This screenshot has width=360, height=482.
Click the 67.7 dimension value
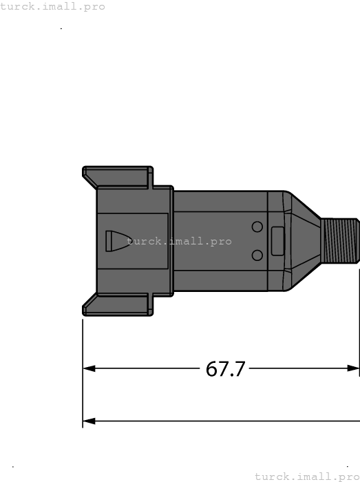[225, 369]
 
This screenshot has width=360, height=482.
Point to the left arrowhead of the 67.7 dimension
[89, 368]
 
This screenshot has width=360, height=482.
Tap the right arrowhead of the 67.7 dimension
[353, 368]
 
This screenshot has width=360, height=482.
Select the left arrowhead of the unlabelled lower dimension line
[89, 420]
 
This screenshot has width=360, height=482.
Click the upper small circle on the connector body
[257, 227]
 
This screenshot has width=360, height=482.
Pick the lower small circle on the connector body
[257, 255]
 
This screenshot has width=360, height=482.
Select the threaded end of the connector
[341, 241]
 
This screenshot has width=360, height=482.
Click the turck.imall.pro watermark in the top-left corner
[53, 6]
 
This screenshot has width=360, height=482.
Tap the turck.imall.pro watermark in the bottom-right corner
[307, 476]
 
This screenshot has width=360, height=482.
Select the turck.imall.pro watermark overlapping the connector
[180, 242]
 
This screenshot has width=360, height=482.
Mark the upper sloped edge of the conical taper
[303, 206]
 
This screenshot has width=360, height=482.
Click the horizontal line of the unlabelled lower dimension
[220, 420]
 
